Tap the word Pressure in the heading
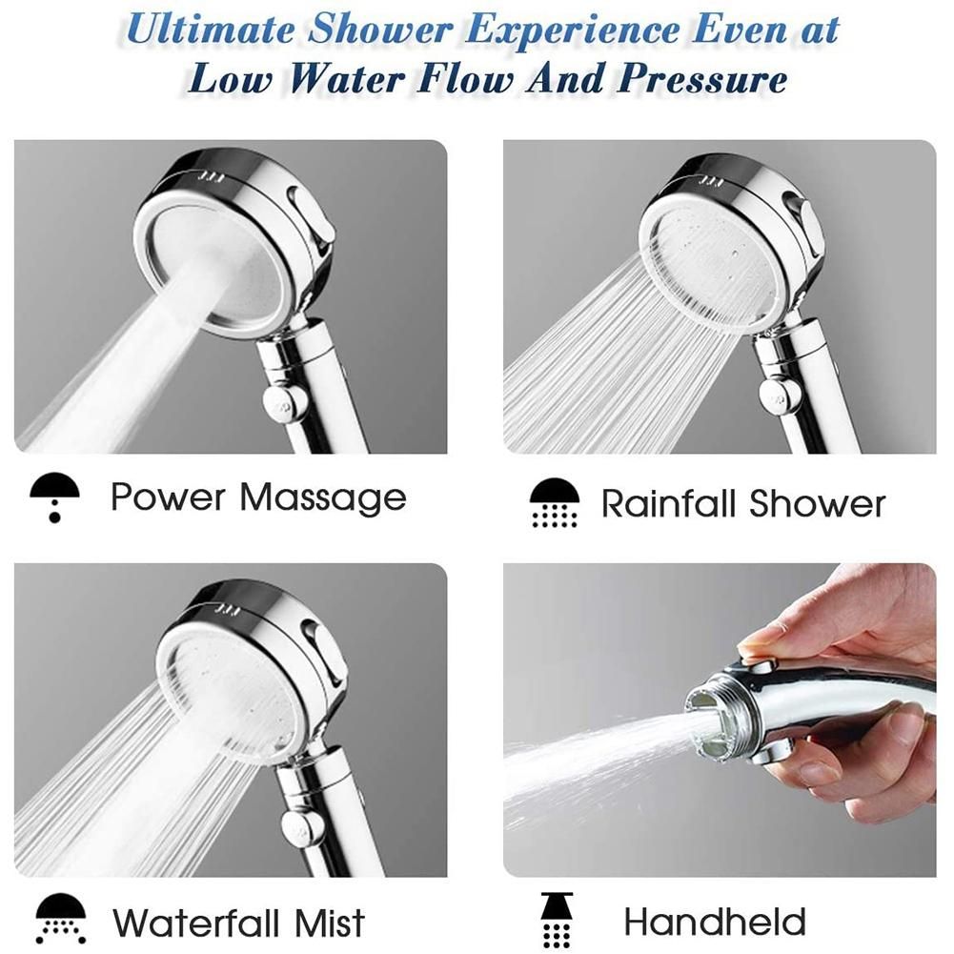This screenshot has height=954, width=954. [702, 79]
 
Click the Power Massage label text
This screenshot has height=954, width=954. [258, 497]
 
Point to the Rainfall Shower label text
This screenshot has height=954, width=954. [742, 504]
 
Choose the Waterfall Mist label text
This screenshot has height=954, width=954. [239, 923]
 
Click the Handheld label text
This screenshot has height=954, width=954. [715, 922]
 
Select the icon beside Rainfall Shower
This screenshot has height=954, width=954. [555, 502]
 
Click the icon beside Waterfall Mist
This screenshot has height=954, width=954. [61, 919]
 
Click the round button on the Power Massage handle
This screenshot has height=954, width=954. [285, 401]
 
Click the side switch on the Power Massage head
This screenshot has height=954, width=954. [312, 220]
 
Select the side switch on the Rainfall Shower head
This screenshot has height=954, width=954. [804, 226]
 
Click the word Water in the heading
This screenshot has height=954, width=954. [346, 79]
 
